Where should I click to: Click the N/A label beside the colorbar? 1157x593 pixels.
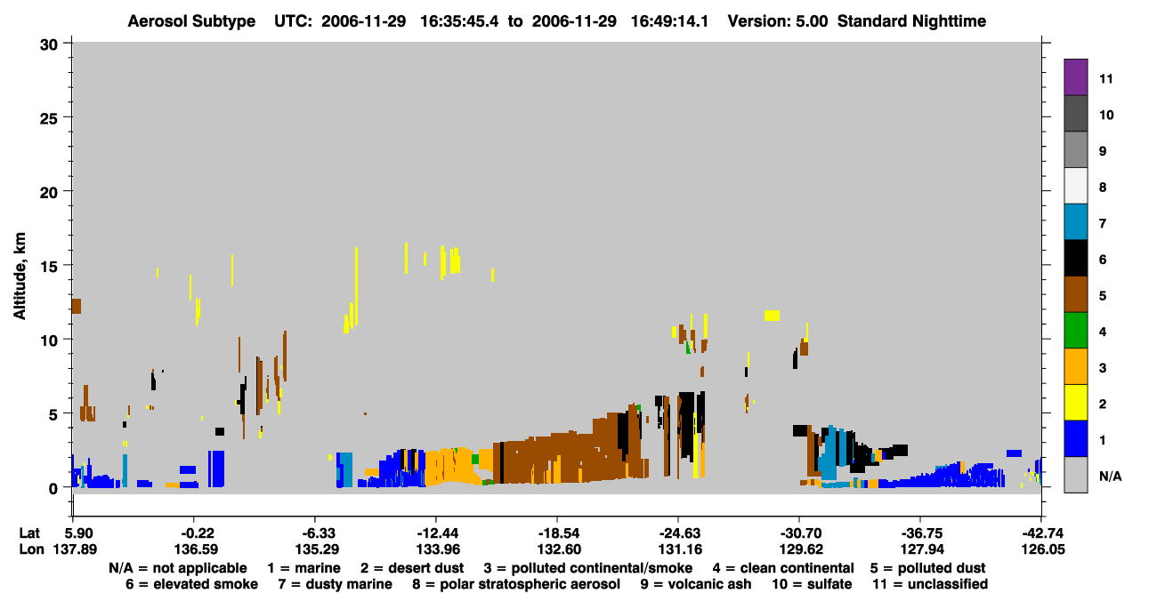coord(1110,476)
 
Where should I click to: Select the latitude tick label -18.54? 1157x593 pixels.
coord(558,533)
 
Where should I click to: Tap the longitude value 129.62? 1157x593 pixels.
coord(800,549)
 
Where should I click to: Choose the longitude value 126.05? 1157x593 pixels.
coord(1042,549)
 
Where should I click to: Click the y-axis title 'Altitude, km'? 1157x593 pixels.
coord(20,276)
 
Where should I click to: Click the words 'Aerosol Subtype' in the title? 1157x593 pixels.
coord(191,21)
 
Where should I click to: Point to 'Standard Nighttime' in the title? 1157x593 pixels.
coord(911,21)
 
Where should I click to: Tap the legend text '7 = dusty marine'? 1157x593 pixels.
coord(335,584)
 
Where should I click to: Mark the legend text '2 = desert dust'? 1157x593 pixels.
coord(412,568)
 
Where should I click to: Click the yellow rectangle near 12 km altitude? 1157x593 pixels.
coord(772,316)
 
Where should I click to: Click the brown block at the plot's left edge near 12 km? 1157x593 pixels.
coord(77,306)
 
